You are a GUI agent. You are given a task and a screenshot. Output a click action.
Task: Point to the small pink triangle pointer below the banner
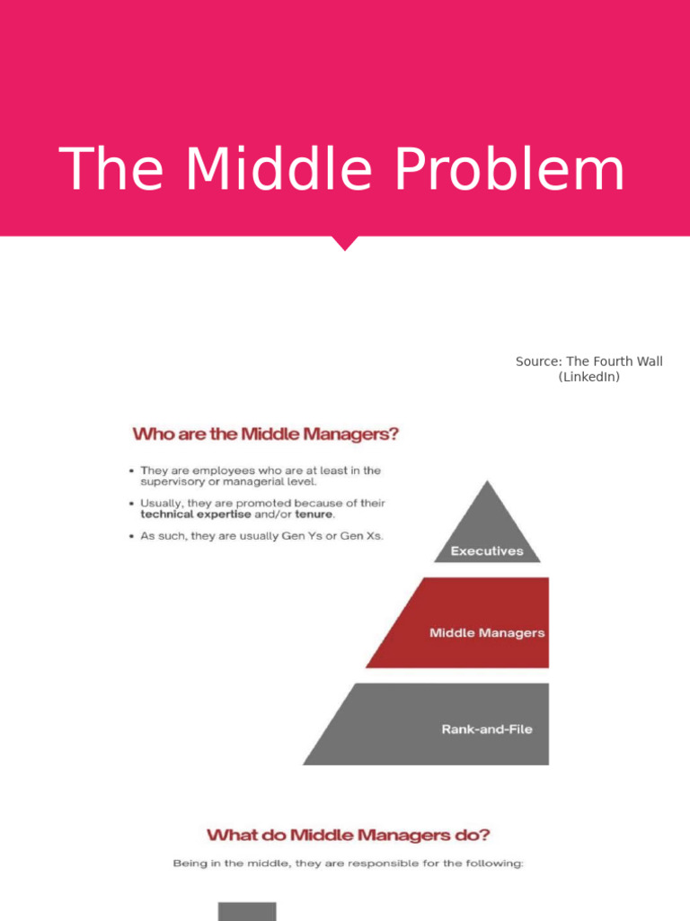tap(345, 243)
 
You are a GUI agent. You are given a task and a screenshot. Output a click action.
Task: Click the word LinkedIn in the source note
tap(588, 378)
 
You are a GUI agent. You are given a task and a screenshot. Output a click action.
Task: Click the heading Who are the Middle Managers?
tap(265, 434)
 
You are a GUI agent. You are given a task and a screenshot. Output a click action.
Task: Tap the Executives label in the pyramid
tap(487, 551)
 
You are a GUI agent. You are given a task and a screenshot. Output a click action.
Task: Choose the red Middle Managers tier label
tap(487, 632)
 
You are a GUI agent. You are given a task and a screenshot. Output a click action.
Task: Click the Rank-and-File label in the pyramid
tap(487, 729)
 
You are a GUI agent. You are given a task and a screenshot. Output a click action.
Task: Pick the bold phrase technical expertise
tap(196, 515)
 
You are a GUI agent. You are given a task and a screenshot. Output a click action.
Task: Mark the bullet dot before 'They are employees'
tap(131, 470)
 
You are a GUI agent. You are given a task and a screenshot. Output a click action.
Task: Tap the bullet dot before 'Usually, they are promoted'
tap(131, 504)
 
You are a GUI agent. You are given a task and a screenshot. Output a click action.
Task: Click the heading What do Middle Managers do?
tap(349, 835)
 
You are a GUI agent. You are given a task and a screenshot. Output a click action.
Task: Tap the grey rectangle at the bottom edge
tap(247, 911)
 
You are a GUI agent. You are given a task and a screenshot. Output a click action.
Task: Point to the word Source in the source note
tap(537, 362)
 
